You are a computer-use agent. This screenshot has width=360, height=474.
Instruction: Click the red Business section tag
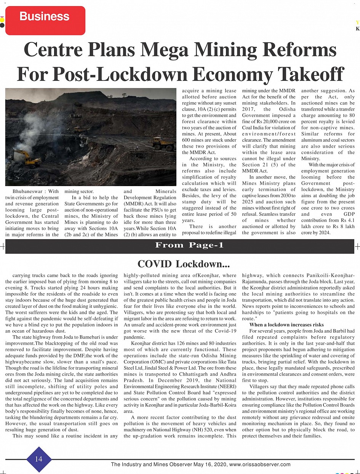pos(45,17)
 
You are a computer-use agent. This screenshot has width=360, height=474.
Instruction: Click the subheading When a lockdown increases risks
pos(286,325)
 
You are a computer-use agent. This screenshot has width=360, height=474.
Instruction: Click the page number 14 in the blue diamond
pos(38,459)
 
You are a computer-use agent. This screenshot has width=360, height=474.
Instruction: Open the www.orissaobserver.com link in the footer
pos(260,464)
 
